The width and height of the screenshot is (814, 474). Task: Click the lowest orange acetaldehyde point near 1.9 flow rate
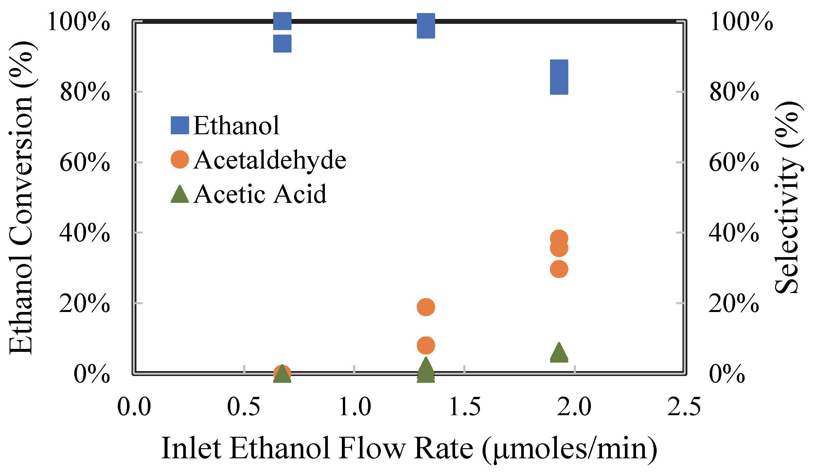point(559,269)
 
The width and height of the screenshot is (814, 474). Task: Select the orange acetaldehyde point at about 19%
point(426,307)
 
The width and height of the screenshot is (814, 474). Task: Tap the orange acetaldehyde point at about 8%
point(426,345)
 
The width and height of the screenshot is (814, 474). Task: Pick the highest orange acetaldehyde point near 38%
point(559,238)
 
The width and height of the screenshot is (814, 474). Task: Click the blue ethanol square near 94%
point(282,43)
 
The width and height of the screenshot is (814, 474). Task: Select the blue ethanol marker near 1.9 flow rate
point(559,77)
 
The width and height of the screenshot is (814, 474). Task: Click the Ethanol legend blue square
point(180,125)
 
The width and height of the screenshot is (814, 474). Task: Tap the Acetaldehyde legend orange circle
point(180,159)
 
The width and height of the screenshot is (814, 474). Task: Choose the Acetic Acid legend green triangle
point(180,194)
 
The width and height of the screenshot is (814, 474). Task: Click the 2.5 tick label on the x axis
point(684,407)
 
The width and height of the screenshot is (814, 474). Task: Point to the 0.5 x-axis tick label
point(244,407)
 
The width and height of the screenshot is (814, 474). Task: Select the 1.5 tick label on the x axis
point(465,407)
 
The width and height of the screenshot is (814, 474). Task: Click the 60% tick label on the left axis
point(85,162)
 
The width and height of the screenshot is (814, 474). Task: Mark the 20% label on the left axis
point(85,303)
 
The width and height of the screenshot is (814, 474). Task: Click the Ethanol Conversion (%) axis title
point(20,198)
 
